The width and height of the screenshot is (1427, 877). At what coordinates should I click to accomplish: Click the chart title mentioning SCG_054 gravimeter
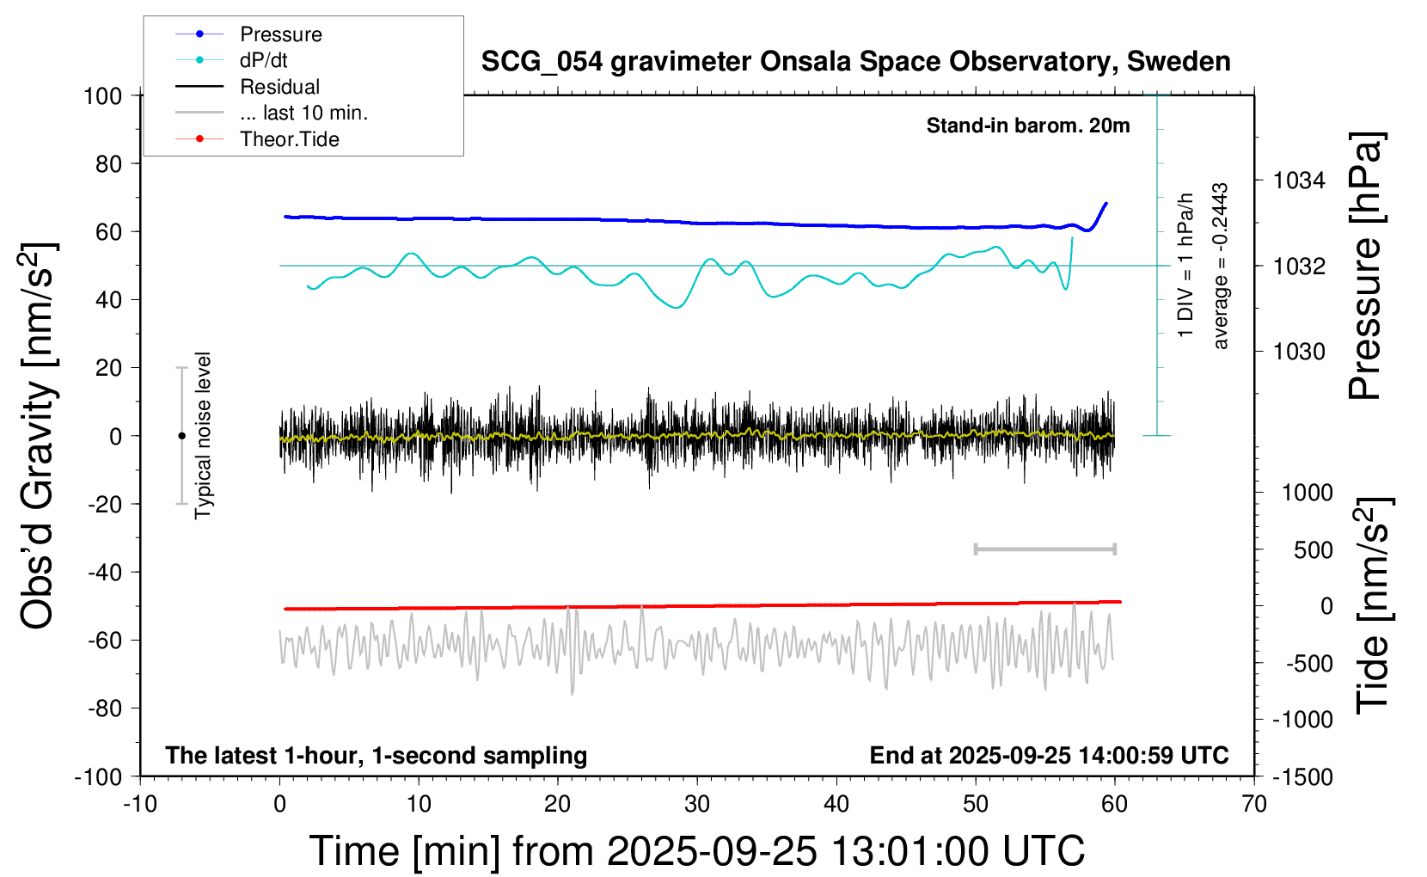(x=855, y=62)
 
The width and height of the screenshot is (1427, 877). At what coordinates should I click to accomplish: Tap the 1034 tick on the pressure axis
(x=1299, y=181)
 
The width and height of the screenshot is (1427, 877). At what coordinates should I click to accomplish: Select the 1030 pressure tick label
(x=1299, y=352)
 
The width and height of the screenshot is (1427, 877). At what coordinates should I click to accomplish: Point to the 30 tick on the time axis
(x=696, y=805)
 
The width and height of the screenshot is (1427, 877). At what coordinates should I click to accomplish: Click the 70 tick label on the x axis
(x=1254, y=805)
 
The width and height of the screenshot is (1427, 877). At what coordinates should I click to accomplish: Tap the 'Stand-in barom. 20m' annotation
(x=1027, y=126)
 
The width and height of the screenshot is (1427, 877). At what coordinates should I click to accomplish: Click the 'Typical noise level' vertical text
(x=203, y=435)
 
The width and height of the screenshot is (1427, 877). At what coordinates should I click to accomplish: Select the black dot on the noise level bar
(x=181, y=436)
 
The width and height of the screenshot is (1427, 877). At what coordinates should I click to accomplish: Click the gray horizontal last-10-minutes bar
(x=1044, y=549)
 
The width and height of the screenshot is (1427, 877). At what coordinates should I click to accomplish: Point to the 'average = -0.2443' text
(x=1220, y=266)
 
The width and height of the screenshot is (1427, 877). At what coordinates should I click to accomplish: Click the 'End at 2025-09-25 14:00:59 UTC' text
(x=1049, y=756)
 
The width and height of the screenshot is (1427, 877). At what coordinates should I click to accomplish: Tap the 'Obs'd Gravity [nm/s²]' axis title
(x=39, y=435)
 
